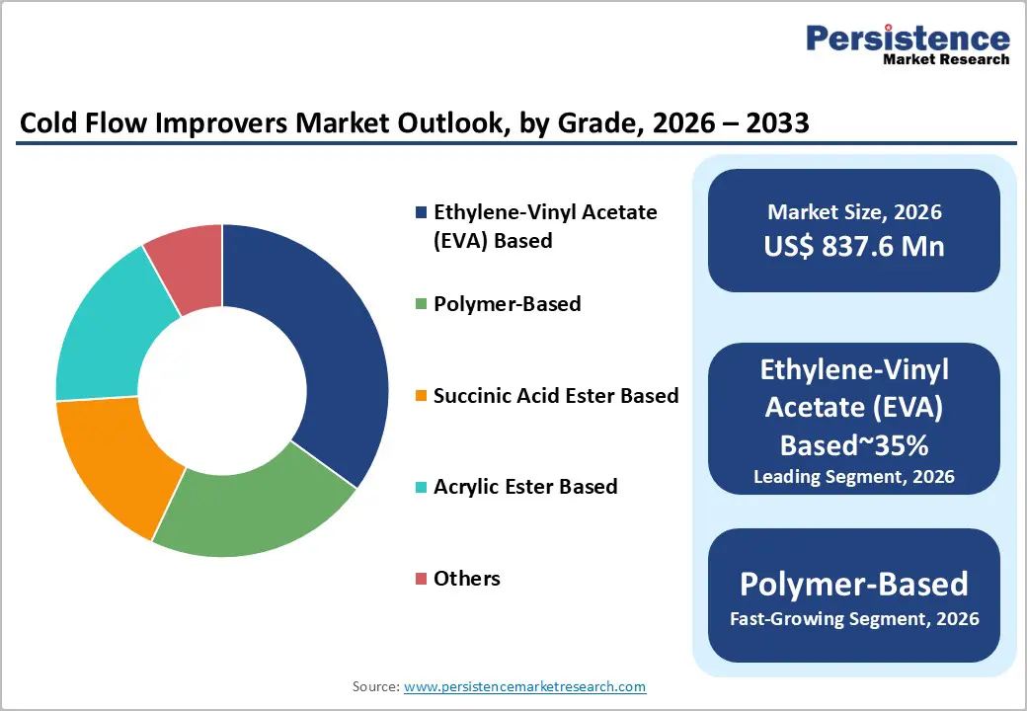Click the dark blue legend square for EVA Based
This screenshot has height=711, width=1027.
pyautogui.click(x=422, y=212)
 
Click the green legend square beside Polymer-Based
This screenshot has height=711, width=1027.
pyautogui.click(x=422, y=304)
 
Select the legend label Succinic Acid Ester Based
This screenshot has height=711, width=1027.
pyautogui.click(x=556, y=396)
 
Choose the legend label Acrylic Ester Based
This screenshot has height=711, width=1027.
pyautogui.click(x=525, y=487)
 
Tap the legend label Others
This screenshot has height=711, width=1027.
pyautogui.click(x=466, y=579)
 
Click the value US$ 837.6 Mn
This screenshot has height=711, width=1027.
pyautogui.click(x=854, y=247)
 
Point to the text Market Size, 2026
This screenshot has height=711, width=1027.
pyautogui.click(x=854, y=212)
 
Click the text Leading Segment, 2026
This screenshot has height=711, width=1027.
pyautogui.click(x=854, y=477)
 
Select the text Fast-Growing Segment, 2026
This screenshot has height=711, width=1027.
pyautogui.click(x=854, y=619)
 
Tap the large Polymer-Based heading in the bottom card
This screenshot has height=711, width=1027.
pyautogui.click(x=854, y=584)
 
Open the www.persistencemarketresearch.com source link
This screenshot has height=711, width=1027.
pyautogui.click(x=524, y=686)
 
